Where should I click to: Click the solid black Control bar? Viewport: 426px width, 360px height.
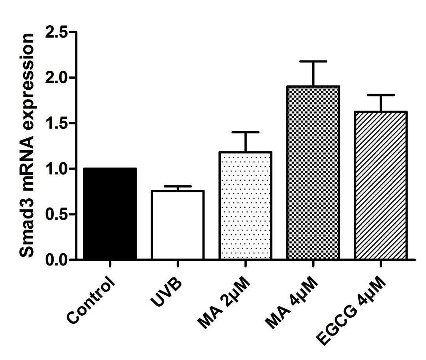click(x=110, y=213)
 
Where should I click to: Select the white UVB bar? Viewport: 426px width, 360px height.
click(x=178, y=225)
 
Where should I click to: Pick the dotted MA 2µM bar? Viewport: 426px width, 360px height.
click(x=245, y=205)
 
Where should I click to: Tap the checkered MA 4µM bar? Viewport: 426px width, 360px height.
click(x=313, y=173)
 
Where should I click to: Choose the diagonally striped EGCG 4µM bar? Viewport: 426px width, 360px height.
click(x=381, y=185)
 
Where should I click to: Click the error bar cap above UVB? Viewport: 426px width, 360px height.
click(x=178, y=186)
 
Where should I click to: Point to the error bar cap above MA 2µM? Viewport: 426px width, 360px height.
click(x=245, y=132)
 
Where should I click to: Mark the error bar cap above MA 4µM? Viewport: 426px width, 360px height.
click(x=313, y=62)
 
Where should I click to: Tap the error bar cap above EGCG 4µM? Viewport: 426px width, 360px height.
click(x=381, y=95)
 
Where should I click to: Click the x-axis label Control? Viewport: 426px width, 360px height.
click(x=91, y=300)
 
